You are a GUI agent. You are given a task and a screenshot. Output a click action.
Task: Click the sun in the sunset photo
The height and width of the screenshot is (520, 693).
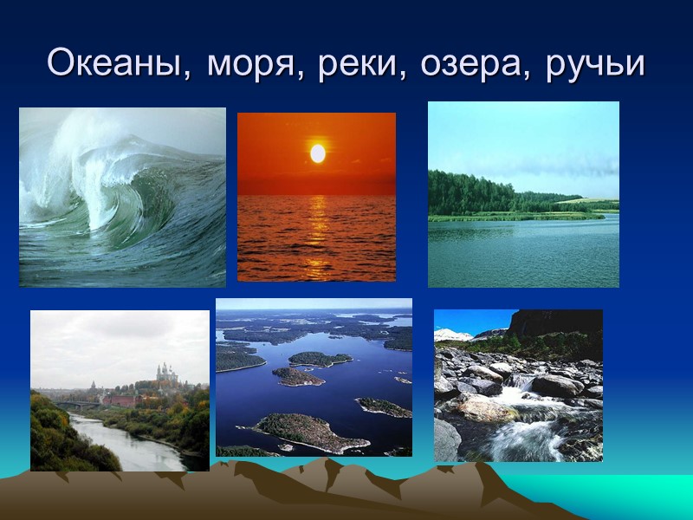coord(318,153)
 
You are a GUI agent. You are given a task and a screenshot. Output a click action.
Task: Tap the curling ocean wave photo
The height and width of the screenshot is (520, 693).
coord(122,198)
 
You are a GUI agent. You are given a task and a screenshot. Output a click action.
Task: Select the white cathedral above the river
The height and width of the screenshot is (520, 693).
coord(165,373)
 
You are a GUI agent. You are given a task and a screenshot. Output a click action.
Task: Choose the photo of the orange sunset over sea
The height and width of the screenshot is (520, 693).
coord(316,197)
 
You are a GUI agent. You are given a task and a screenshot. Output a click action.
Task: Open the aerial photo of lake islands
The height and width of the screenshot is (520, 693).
coord(314,377)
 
